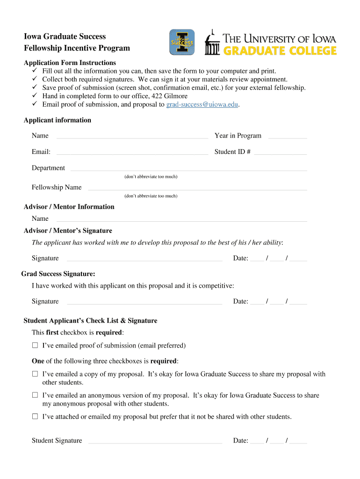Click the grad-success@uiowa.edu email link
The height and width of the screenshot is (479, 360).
[x=202, y=104]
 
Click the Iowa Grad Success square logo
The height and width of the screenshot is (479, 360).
[x=181, y=43]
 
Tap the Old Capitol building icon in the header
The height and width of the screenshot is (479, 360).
[x=213, y=44]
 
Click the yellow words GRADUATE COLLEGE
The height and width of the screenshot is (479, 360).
[x=280, y=51]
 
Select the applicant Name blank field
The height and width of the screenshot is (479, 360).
[x=132, y=136]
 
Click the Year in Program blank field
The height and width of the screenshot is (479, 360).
[x=288, y=136]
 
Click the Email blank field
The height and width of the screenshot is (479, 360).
[x=132, y=152]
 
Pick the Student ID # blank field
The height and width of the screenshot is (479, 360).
[x=281, y=152]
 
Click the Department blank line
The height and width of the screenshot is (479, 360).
[x=188, y=168]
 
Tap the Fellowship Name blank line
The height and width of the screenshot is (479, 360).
[x=197, y=188]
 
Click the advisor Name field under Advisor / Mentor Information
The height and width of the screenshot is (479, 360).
[x=181, y=219]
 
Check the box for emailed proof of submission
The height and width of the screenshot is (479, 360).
[x=35, y=346]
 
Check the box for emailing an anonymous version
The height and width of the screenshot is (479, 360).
[x=35, y=395]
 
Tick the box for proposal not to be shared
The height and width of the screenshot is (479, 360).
[x=35, y=416]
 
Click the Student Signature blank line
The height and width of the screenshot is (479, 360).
[x=155, y=441]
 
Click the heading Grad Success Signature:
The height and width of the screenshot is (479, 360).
[x=58, y=274]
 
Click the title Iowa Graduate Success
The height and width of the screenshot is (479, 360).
[x=65, y=36]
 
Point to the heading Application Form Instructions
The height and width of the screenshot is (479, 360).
[x=70, y=63]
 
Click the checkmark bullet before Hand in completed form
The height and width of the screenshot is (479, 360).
[x=35, y=96]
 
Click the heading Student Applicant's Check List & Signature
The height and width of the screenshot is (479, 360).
[x=90, y=321]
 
